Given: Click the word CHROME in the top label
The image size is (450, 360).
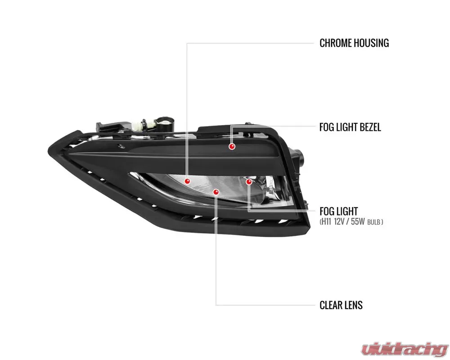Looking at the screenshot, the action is pos(336,43).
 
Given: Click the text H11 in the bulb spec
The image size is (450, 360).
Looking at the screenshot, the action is pos(327,222).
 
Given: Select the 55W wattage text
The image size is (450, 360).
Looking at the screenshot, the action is pos(358,222).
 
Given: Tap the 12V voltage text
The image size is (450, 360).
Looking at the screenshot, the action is pos(339,222).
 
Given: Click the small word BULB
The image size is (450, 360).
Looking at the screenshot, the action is pos(373,222).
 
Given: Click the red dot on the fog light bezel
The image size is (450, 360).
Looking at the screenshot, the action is pos(232,146).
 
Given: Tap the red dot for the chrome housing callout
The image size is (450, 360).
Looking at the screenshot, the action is pos(187,181).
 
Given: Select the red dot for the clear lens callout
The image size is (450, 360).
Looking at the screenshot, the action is pos(216,192).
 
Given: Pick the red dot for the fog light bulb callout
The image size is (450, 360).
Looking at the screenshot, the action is pos(249,181).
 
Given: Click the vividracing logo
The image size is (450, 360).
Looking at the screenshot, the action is pos(405,348).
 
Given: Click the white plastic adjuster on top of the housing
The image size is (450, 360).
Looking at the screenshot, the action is pos(143,124).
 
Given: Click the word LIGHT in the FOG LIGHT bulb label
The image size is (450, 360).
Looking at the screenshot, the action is pos(347,211).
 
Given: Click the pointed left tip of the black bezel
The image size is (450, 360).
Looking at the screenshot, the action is pos(48,150).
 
